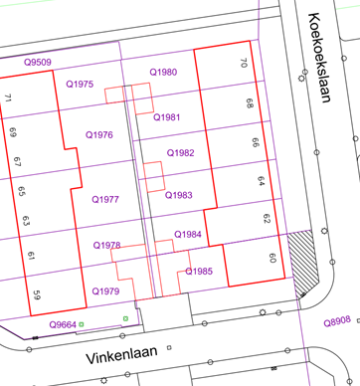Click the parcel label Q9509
pyautogui.click(x=38, y=62)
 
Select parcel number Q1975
pyautogui.click(x=79, y=85)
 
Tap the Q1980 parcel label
pyautogui.click(x=163, y=73)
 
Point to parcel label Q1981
pyautogui.click(x=167, y=117)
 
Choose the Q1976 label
pyautogui.click(x=98, y=134)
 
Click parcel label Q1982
pyautogui.click(x=180, y=153)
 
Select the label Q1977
pyautogui.click(x=105, y=200)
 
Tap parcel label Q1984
pyautogui.click(x=187, y=234)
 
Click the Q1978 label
pyautogui.click(x=106, y=245)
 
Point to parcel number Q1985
pyautogui.click(x=199, y=271)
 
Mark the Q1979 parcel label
pyautogui.click(x=104, y=290)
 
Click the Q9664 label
pyautogui.click(x=63, y=325)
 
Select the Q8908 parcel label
pyautogui.click(x=337, y=321)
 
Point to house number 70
pyautogui.click(x=245, y=64)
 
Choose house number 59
pyautogui.click(x=37, y=293)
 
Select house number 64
pyautogui.click(x=261, y=181)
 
